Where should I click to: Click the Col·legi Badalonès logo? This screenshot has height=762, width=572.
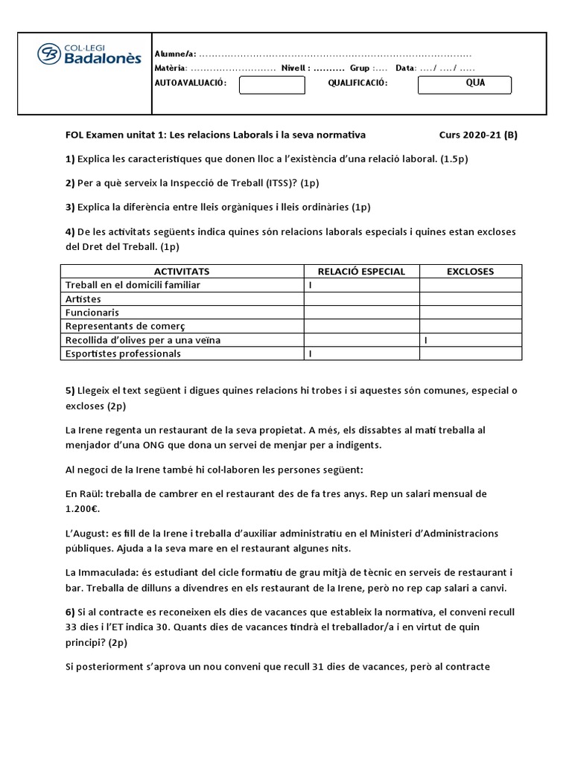[x=89, y=54]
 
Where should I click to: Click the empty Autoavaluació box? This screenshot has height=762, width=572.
[x=272, y=85]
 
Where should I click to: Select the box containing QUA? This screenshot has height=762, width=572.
[x=465, y=85]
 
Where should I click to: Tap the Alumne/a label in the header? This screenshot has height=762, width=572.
[x=174, y=54]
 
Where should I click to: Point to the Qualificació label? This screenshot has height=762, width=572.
[x=357, y=83]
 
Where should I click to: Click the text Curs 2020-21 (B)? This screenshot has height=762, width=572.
[x=478, y=135]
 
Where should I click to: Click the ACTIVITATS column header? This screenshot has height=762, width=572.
[x=182, y=272]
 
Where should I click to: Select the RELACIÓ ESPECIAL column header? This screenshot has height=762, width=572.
[x=361, y=272]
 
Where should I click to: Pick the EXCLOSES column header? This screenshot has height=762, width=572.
[x=470, y=272]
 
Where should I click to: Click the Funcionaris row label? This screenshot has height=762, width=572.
[x=92, y=313]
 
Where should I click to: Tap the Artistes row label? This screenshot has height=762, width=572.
[x=83, y=299]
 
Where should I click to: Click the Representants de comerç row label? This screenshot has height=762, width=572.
[x=124, y=326]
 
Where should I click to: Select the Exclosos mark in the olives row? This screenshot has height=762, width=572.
[x=425, y=340]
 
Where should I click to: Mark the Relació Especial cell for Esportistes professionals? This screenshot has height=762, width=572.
[x=310, y=353]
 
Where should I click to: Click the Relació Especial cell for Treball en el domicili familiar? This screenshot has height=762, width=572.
[x=310, y=285]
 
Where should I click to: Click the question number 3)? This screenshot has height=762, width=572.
[x=71, y=207]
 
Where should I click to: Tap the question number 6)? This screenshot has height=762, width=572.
[x=71, y=611]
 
